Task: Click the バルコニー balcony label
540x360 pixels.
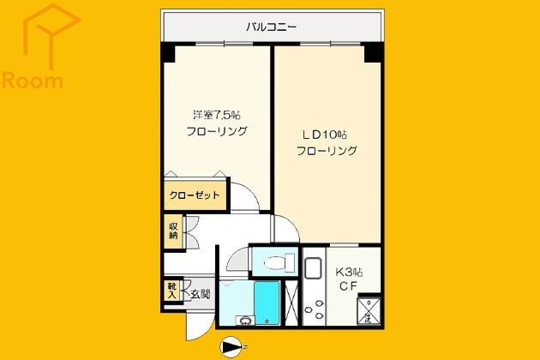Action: [271, 27]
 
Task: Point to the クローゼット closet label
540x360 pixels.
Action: [194, 195]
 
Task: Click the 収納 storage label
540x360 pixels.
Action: [173, 230]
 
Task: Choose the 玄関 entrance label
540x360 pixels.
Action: [200, 294]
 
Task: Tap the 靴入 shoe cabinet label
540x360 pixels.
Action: [171, 290]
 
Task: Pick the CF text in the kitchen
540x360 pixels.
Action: [347, 286]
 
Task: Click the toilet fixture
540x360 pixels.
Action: [275, 263]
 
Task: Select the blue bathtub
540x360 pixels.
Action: [267, 300]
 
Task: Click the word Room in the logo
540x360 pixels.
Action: [33, 82]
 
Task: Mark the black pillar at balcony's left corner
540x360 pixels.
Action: [168, 51]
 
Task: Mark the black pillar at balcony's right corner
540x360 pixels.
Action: [373, 51]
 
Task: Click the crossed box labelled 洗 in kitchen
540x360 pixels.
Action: [369, 310]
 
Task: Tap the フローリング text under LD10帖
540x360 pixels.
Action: [327, 151]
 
